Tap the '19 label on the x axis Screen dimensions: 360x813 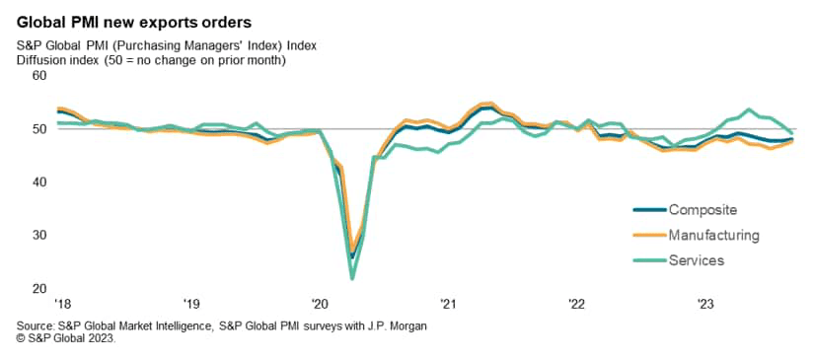click(191, 304)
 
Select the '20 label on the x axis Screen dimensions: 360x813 click(320, 304)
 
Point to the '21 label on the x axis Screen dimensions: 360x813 click(449, 304)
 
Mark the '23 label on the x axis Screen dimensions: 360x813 click(706, 304)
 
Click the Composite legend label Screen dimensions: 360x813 click(702, 209)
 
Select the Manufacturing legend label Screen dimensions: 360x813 click(713, 235)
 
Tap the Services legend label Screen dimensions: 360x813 click(697, 260)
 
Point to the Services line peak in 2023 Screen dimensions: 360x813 click(749, 109)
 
